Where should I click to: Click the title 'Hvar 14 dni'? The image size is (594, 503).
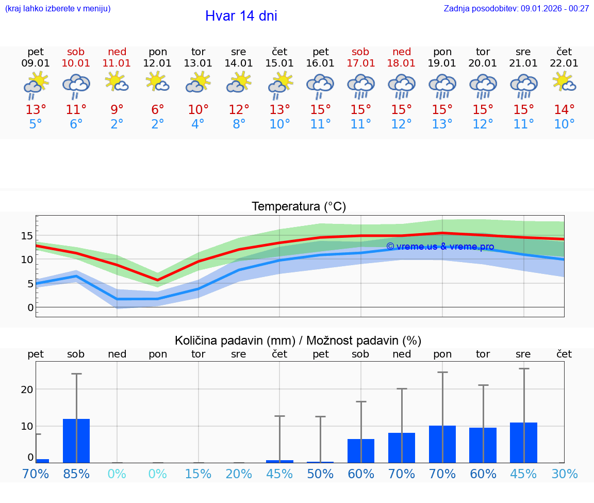click(241, 16)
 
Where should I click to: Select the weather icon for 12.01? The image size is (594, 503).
click(158, 82)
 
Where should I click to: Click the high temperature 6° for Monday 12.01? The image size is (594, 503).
click(158, 110)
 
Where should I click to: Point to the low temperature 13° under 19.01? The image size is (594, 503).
click(442, 124)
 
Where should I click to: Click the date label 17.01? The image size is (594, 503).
click(360, 63)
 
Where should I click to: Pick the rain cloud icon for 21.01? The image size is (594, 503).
click(523, 85)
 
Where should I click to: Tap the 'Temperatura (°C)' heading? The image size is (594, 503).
click(299, 207)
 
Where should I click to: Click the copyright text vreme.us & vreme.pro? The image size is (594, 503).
click(440, 247)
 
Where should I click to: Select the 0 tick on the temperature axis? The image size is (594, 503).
click(30, 307)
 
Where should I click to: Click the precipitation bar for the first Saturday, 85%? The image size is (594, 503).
click(76, 441)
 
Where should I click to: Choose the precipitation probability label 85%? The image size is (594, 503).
click(76, 474)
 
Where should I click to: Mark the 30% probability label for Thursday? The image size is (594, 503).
click(564, 474)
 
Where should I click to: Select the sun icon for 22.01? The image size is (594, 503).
click(564, 82)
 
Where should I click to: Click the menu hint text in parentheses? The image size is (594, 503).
click(58, 9)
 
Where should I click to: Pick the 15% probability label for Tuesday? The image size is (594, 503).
click(198, 474)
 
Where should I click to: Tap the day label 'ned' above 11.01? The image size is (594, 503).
click(117, 52)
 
